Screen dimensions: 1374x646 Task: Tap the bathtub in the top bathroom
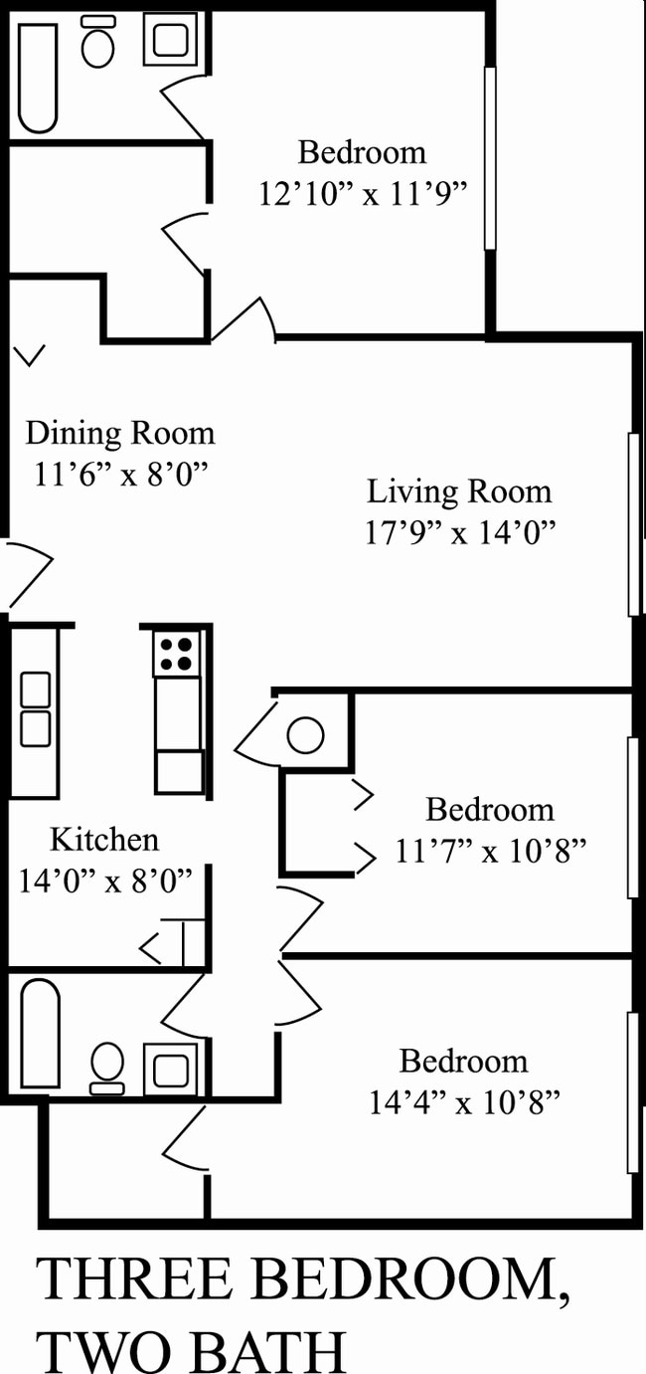[38, 78]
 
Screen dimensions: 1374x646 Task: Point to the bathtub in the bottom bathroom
[41, 1033]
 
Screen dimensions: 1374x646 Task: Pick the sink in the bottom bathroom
[170, 1069]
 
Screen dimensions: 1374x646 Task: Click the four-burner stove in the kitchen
[177, 653]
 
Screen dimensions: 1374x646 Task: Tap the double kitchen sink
[36, 708]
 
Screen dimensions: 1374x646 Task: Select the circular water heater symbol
[305, 736]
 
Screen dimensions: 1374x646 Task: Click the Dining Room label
[119, 434]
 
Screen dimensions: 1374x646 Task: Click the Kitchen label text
[104, 840]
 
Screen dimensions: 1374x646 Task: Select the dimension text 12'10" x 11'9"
[363, 193]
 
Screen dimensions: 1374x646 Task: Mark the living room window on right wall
[633, 524]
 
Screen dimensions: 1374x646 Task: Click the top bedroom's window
[489, 157]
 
